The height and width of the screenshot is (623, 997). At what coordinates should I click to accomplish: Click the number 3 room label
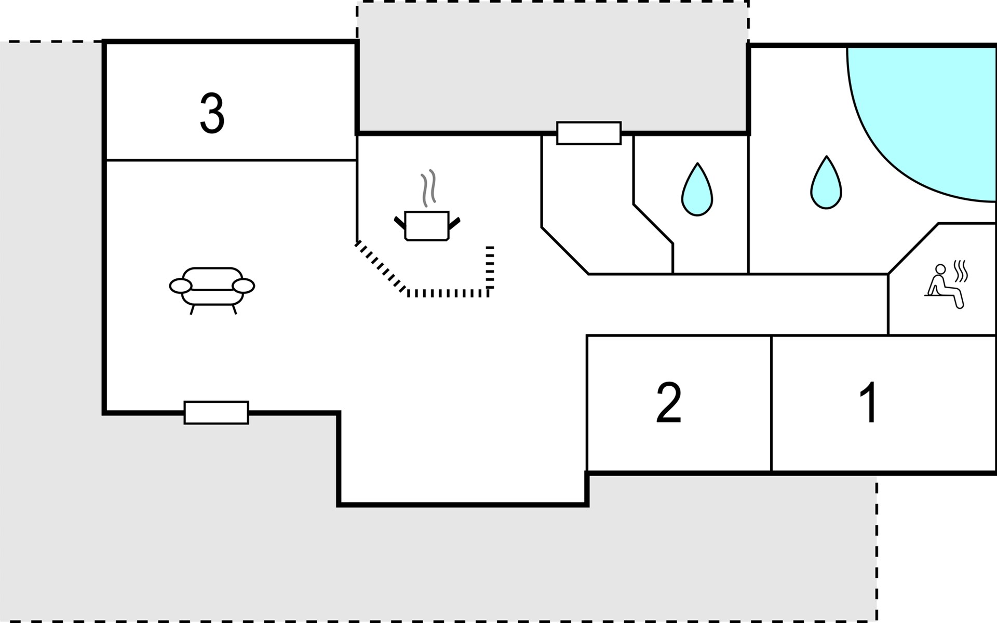tap(212, 114)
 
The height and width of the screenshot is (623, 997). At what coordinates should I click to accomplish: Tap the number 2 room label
tap(668, 403)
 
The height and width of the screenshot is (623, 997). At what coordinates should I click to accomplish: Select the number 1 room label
tap(869, 403)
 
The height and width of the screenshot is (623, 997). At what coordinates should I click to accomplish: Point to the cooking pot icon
tap(426, 226)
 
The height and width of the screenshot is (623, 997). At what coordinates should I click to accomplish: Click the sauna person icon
tap(945, 288)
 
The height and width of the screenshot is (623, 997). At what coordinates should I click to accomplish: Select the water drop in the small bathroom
tap(697, 191)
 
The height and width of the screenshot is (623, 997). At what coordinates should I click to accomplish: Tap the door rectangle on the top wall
tap(589, 133)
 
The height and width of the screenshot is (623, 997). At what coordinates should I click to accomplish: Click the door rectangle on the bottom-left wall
tap(217, 413)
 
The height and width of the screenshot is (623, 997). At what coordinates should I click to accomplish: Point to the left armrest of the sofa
tap(181, 286)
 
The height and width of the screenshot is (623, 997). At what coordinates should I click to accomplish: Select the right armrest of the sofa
tap(243, 286)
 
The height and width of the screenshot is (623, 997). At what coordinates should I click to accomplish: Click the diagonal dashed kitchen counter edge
tap(381, 267)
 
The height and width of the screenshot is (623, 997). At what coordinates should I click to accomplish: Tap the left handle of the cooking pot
tap(399, 223)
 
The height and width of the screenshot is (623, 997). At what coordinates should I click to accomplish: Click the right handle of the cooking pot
tap(454, 223)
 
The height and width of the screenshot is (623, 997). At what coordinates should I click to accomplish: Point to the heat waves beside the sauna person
tap(961, 271)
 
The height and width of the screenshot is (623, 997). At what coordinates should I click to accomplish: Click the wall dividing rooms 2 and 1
tap(772, 404)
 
